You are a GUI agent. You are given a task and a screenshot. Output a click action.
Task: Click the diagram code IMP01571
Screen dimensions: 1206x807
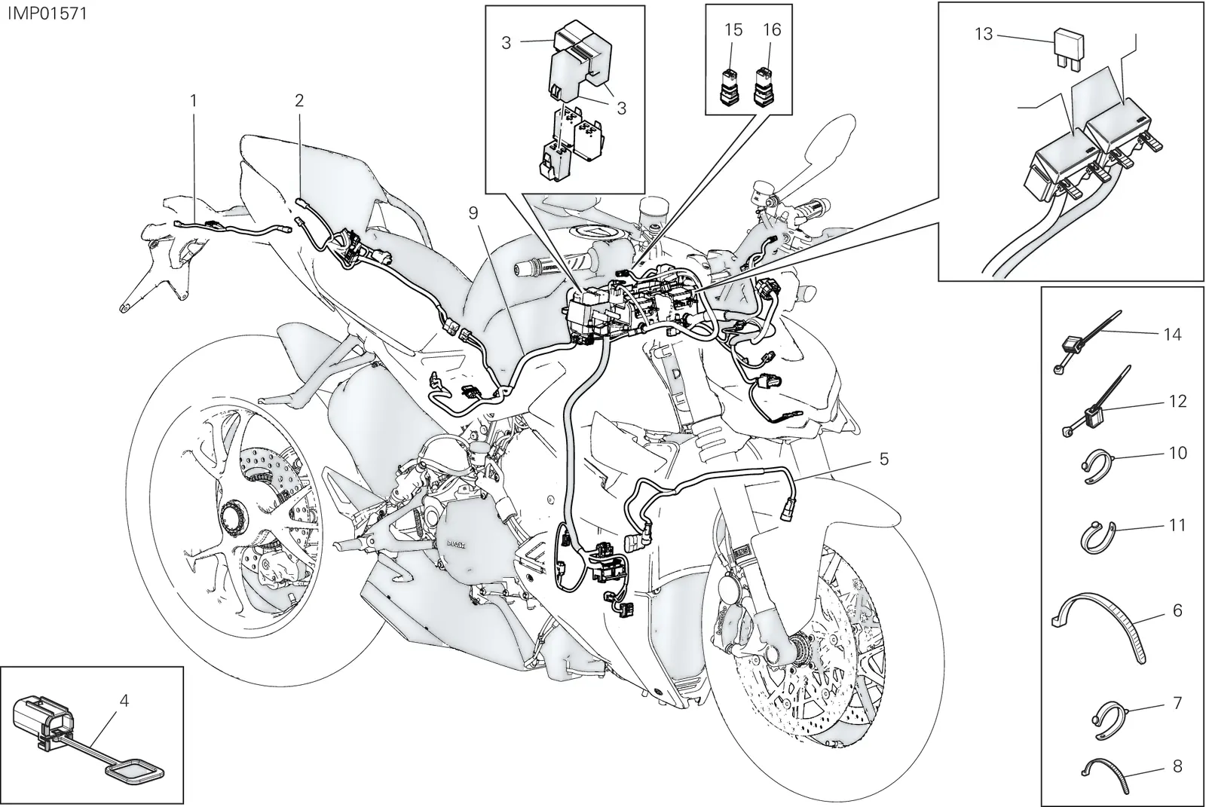[x=47, y=14]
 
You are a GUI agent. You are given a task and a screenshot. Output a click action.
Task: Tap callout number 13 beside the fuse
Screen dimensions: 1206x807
[x=984, y=34]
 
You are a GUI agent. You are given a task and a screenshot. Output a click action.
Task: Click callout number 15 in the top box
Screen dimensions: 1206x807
[x=733, y=29]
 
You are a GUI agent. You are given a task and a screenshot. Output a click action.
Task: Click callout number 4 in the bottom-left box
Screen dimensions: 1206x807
[x=124, y=701]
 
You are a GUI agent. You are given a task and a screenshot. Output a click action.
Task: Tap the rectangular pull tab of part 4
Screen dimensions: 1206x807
[x=133, y=772]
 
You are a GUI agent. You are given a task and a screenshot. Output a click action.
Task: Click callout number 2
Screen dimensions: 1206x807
[x=299, y=100]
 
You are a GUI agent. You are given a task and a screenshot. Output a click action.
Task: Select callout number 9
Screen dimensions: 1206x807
[x=473, y=213]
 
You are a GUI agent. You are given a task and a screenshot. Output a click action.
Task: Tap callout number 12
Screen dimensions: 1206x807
[x=1178, y=401]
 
